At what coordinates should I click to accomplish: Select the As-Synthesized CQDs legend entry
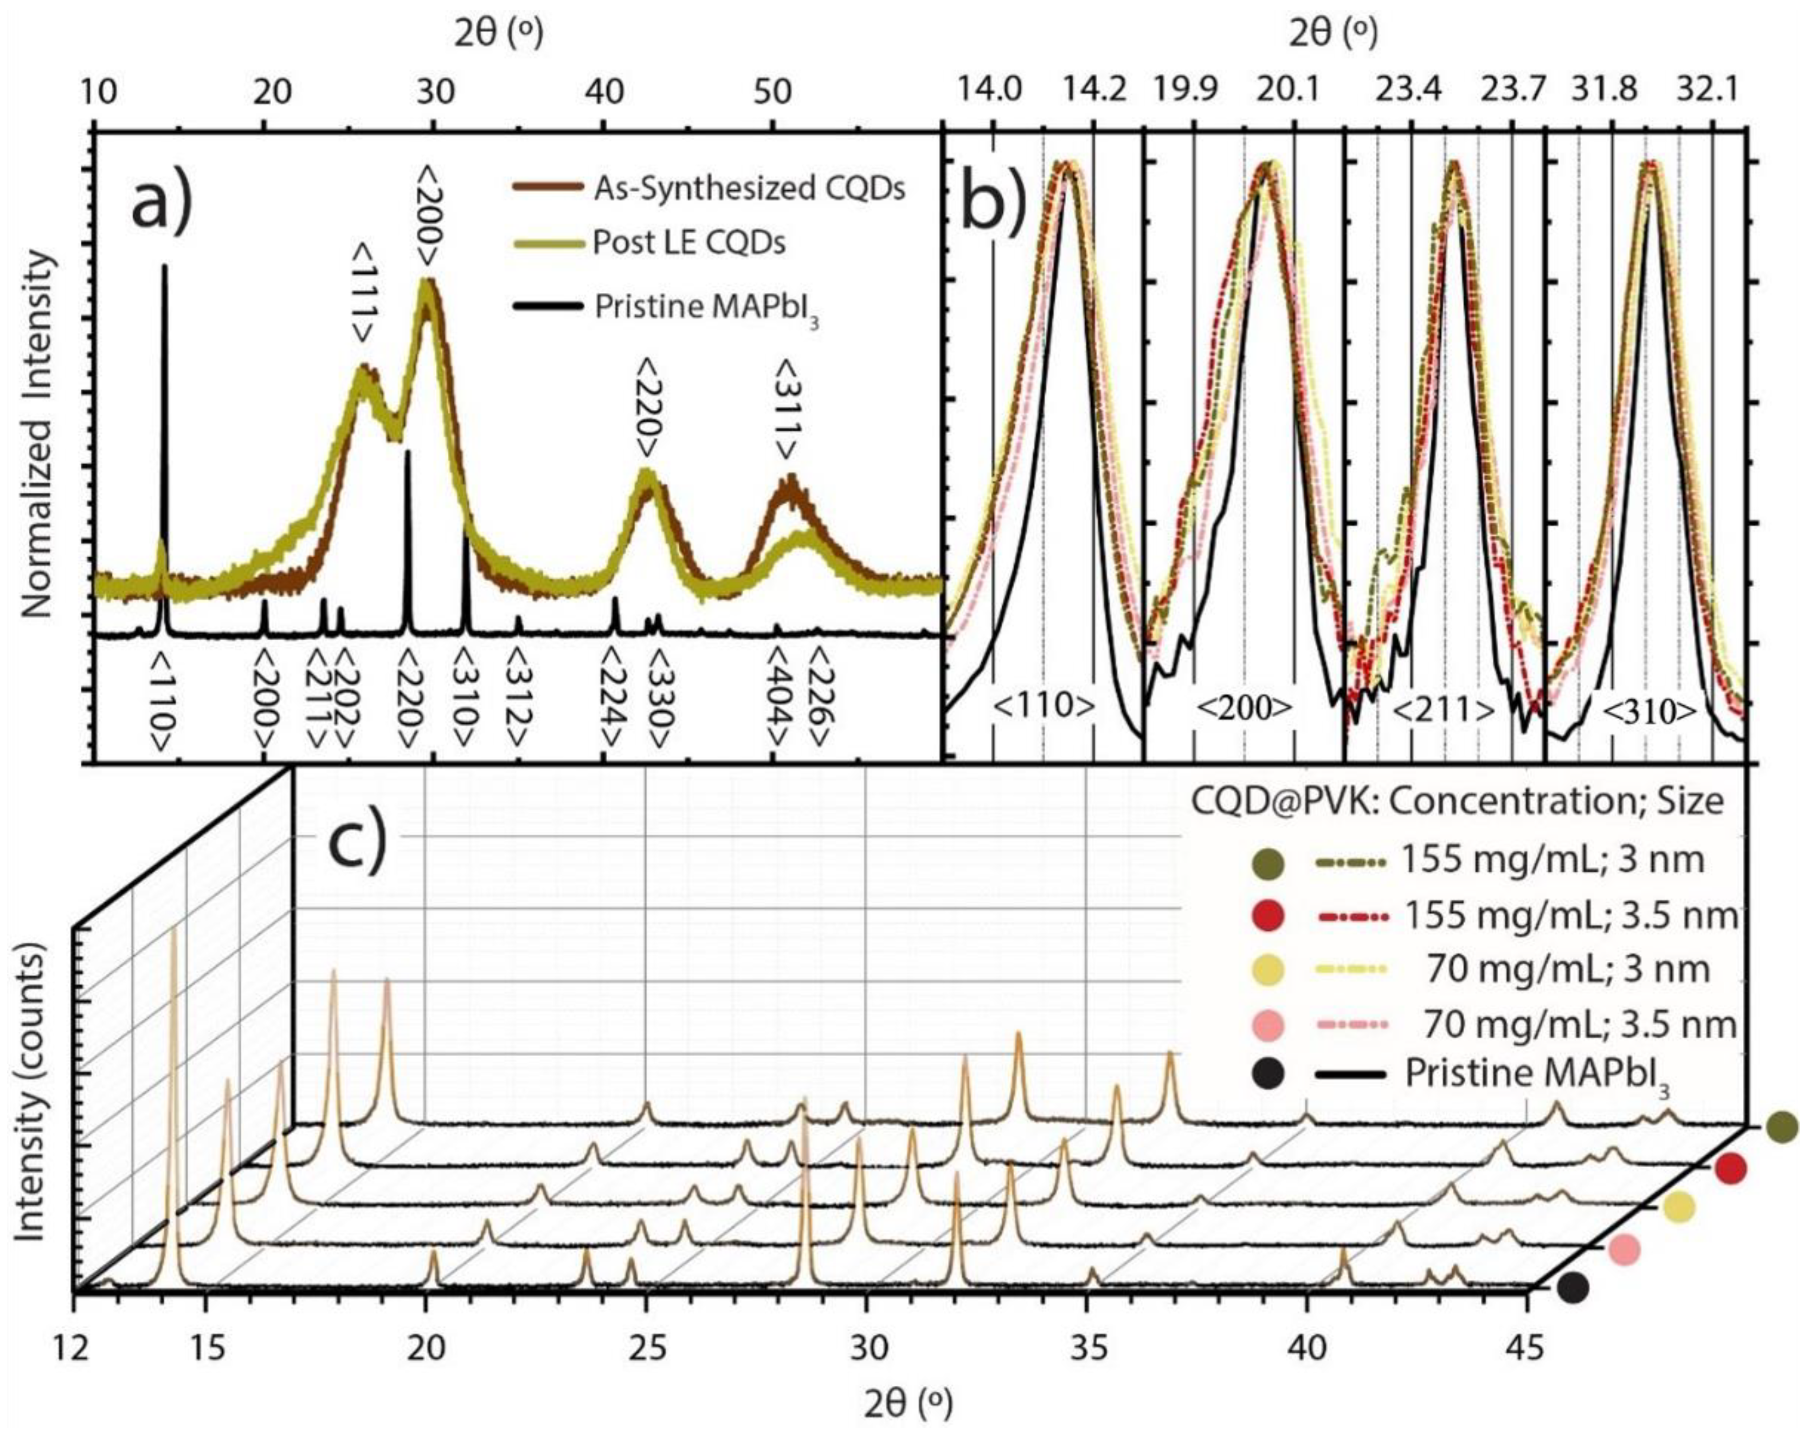pos(748,189)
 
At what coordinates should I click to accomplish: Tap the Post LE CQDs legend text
pos(688,243)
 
